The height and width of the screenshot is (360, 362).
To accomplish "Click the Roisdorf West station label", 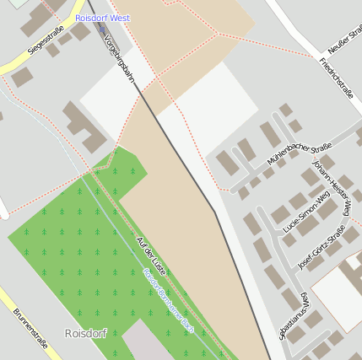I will coord(102,18).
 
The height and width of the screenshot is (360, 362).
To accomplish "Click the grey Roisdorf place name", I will coord(86,332).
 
